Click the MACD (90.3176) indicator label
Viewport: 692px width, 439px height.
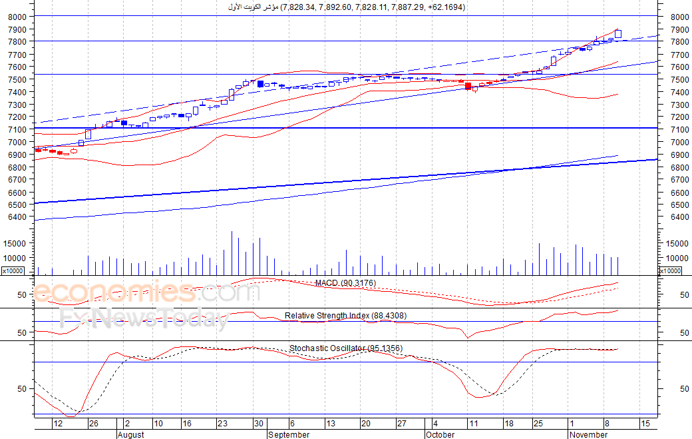coord(345,282)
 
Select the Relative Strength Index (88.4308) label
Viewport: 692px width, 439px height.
coord(345,315)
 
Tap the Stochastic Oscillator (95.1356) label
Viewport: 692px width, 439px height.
coord(346,348)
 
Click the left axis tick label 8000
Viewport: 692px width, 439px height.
coord(17,17)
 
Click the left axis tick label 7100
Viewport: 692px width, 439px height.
coord(17,130)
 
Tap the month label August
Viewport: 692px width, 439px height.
coord(131,434)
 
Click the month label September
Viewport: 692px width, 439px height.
coord(289,434)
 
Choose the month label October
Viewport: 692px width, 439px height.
coord(440,434)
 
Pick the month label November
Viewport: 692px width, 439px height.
coord(588,434)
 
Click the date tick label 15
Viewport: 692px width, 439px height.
coord(645,424)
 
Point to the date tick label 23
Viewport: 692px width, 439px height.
coord(222,424)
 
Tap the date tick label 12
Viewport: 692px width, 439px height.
coord(58,424)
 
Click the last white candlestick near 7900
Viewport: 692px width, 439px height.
coord(618,34)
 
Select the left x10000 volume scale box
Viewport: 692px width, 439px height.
coord(13,270)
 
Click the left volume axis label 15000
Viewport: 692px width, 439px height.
coord(15,243)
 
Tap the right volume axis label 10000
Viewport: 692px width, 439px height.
coord(677,258)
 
